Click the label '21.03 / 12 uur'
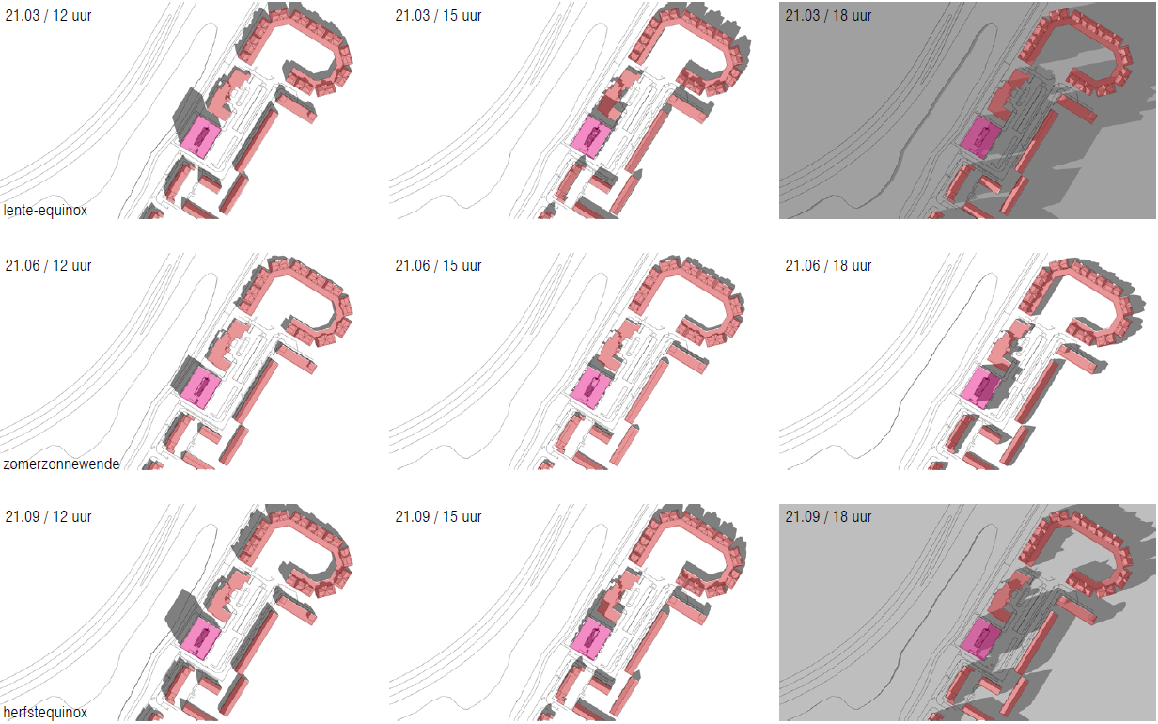click(x=48, y=15)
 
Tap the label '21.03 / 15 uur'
click(x=438, y=15)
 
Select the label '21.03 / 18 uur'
click(x=828, y=15)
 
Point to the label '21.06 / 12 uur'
click(x=48, y=266)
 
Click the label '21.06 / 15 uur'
click(x=438, y=266)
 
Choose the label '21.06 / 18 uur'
click(x=828, y=266)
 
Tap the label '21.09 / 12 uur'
click(x=48, y=516)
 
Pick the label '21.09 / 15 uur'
click(x=438, y=516)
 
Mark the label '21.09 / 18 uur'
click(x=828, y=516)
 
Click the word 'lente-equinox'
click(x=45, y=211)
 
